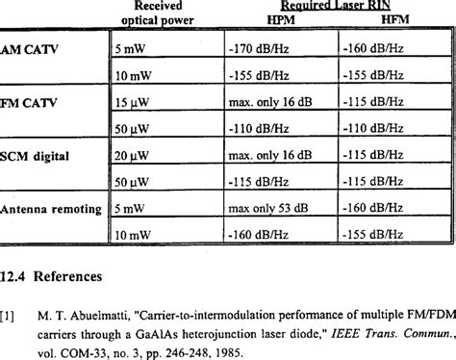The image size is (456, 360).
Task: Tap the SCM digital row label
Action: point(38,155)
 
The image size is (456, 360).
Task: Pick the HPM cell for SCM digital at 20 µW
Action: point(275,155)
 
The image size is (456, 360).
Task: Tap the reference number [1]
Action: point(8,313)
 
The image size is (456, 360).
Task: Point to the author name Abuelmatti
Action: point(114,313)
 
